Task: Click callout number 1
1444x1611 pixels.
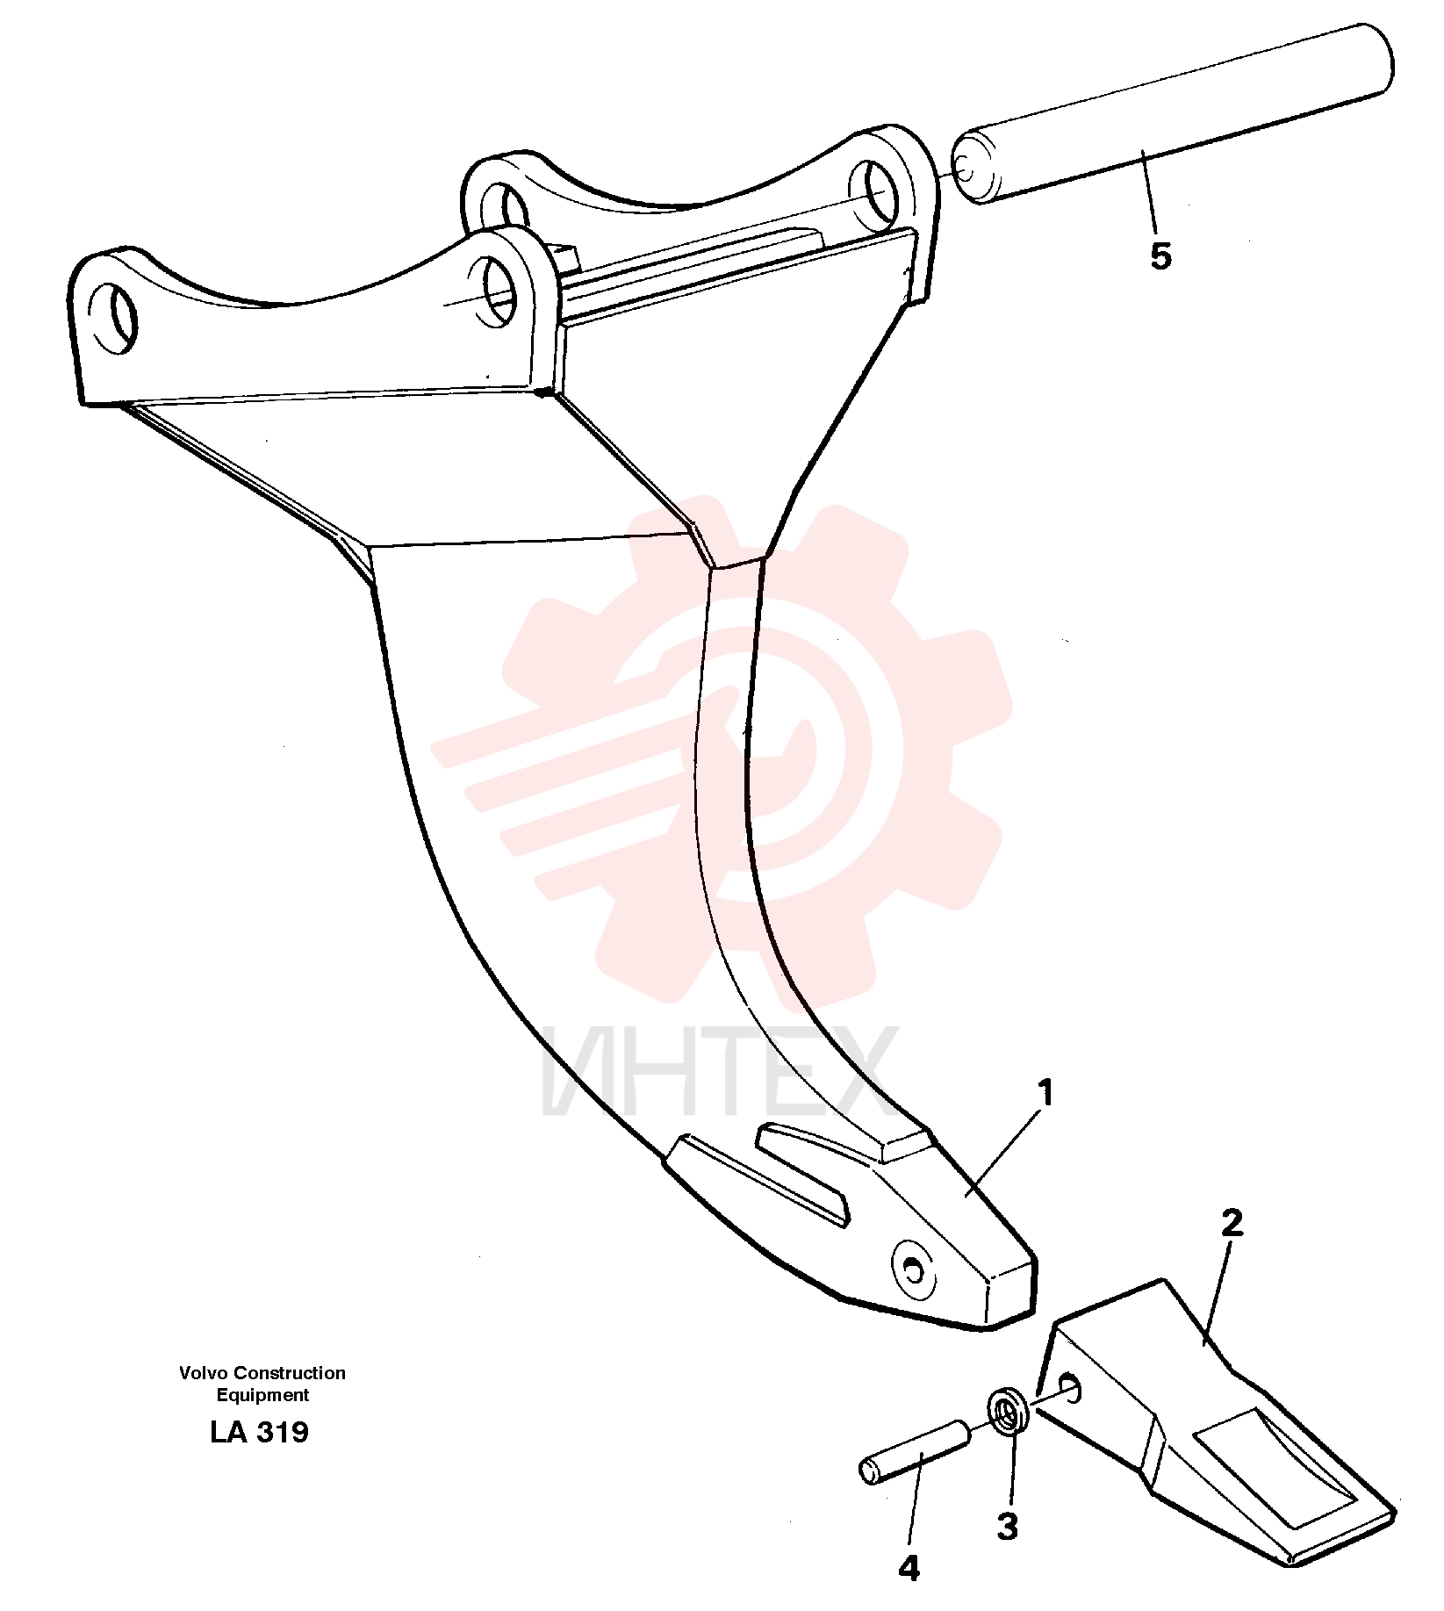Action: (x=1045, y=1095)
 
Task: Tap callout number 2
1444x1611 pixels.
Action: (x=1232, y=1223)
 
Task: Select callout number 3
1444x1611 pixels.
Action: (x=1007, y=1527)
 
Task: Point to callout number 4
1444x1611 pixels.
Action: (x=909, y=1568)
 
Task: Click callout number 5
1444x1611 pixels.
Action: (x=1160, y=256)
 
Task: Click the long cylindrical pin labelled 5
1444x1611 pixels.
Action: (x=1174, y=115)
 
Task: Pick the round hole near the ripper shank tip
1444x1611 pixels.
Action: (x=913, y=1269)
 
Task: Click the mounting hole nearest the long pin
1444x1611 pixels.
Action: (x=873, y=191)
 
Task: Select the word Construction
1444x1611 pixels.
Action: (x=290, y=1373)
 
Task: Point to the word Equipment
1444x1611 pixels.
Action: (x=263, y=1395)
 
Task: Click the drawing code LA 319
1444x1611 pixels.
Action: (x=260, y=1433)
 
